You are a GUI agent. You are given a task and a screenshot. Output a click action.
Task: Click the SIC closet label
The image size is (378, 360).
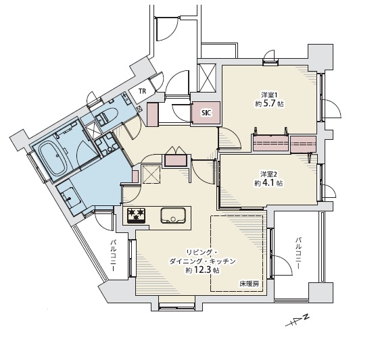click(206, 113)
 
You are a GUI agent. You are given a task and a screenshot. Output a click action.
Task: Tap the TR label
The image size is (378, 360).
click(142, 91)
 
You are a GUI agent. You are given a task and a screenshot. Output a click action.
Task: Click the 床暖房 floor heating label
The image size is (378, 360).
click(249, 284)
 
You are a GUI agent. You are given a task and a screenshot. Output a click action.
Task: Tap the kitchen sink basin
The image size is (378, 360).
click(173, 215)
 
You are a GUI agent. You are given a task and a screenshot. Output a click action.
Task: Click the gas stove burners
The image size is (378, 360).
click(136, 215)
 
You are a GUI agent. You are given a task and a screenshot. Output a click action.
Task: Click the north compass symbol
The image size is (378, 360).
click(298, 320)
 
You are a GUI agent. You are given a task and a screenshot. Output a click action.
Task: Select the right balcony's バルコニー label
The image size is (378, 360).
click(298, 253)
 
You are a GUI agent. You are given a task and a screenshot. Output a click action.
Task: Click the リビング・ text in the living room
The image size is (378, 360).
click(202, 253)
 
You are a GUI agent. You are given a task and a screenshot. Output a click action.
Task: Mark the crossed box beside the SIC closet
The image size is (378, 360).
click(206, 78)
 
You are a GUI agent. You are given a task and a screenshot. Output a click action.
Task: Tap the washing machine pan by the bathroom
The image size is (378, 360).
click(106, 145)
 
